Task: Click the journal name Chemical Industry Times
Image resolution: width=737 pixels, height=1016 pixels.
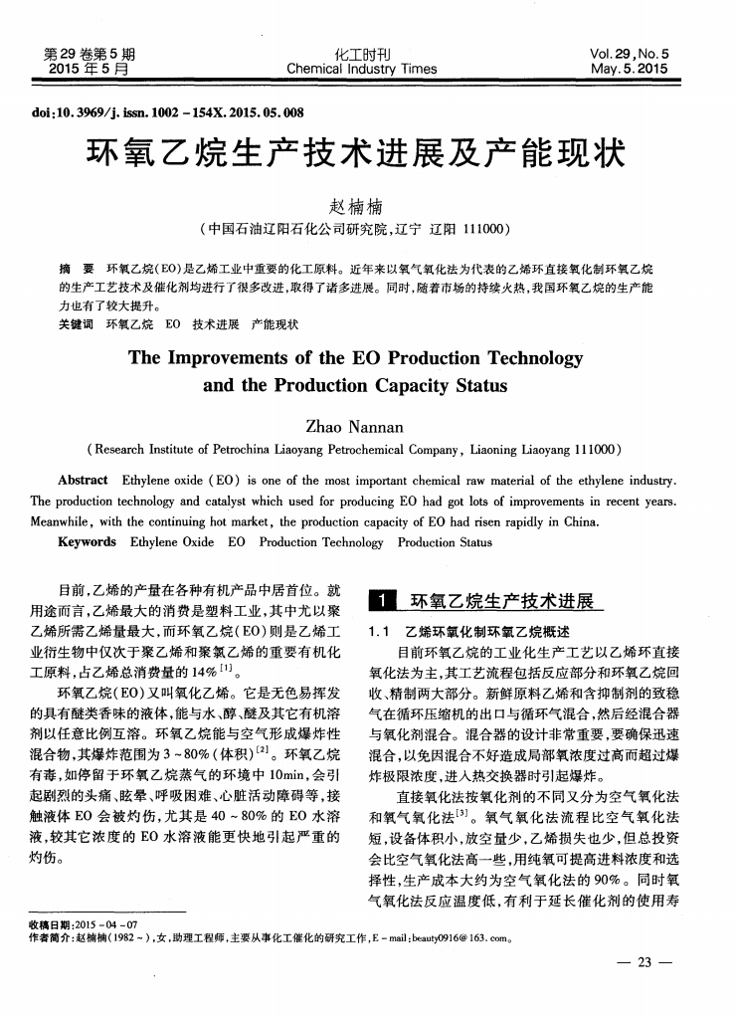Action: coord(361,69)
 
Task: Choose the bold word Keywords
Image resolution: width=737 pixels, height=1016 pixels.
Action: coord(87,542)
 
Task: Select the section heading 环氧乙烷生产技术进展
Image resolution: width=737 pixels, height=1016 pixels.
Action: coord(502,601)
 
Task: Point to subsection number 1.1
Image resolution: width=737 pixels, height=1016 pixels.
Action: coord(379,631)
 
